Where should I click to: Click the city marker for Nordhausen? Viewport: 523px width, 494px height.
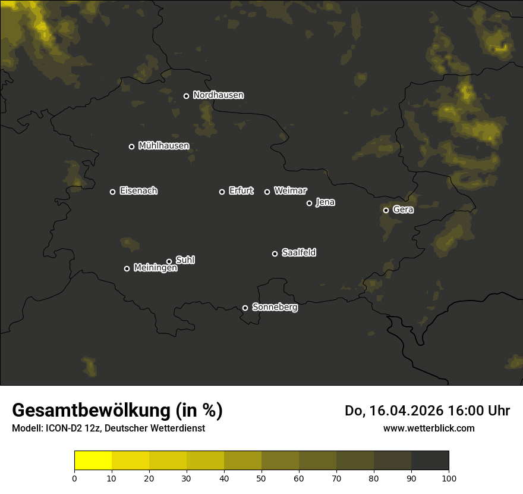[x=186, y=96]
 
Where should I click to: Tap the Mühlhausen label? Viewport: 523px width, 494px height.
[x=163, y=146]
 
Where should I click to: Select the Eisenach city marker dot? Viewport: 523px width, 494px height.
[x=112, y=192]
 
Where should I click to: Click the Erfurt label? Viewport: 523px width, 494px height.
[x=241, y=191]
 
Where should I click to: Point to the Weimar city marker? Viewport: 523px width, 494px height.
[x=267, y=192]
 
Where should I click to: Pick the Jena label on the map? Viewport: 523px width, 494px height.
[x=325, y=202]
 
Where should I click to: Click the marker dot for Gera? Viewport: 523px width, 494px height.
[x=386, y=210]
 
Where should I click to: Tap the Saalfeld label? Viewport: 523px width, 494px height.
[x=298, y=253]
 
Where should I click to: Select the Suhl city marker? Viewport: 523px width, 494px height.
[x=169, y=261]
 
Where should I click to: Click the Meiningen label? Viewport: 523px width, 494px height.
[x=155, y=268]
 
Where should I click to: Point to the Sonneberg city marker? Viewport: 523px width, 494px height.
[x=245, y=308]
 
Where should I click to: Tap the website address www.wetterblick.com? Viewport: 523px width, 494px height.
[x=429, y=428]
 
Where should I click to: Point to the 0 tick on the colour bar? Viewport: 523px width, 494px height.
[x=74, y=478]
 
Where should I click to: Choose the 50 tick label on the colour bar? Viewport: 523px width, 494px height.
[x=261, y=478]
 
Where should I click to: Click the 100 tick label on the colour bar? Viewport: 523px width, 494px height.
[x=449, y=478]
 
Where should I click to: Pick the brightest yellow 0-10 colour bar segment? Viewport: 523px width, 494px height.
[x=93, y=461]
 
